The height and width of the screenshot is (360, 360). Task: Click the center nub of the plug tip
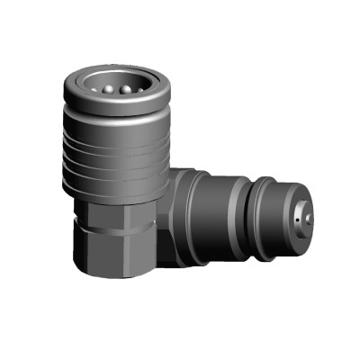coord(308,219)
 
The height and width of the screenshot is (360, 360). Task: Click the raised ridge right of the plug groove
coord(262,219)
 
